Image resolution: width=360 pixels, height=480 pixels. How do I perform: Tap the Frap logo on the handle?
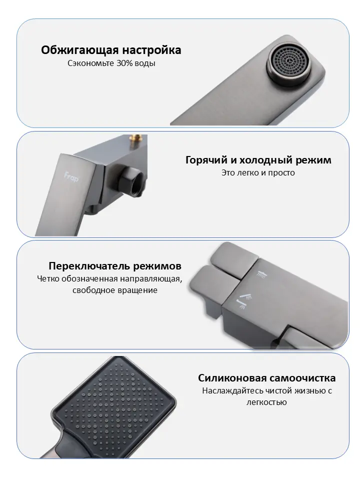(70, 177)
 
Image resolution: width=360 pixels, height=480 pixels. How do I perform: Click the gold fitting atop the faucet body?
(137, 138)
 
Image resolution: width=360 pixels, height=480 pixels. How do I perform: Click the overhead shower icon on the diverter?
(261, 274)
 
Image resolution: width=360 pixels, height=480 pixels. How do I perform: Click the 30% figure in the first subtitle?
(123, 63)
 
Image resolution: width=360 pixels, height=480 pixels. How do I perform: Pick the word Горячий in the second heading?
(206, 160)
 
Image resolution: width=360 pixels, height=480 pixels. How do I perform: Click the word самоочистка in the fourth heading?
(302, 378)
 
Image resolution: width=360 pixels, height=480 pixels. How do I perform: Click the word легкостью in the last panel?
(266, 402)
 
